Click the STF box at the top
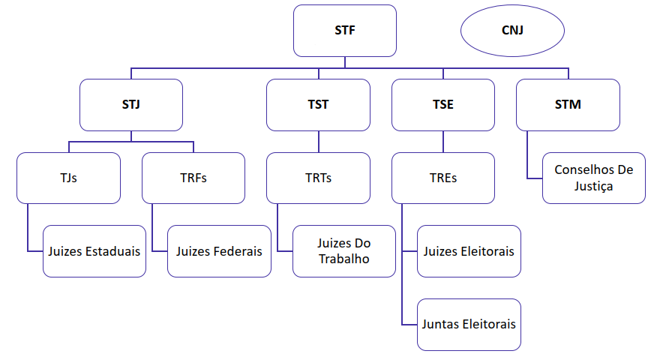coord(345,31)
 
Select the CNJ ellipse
coord(512,31)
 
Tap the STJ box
coord(131,105)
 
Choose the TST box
coord(319,105)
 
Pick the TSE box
coord(443,105)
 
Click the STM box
coord(568,105)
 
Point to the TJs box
coord(69,178)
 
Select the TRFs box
coord(193,178)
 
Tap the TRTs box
coord(319,178)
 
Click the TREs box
coord(443,178)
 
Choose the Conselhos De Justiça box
coord(594,178)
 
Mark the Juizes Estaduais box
coord(94,251)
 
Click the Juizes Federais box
coord(219,251)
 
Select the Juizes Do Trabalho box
coord(344,251)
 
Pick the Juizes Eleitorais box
coord(469,251)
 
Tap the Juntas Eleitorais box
coord(469,325)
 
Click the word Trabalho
coord(344,259)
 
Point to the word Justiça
coord(594,186)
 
